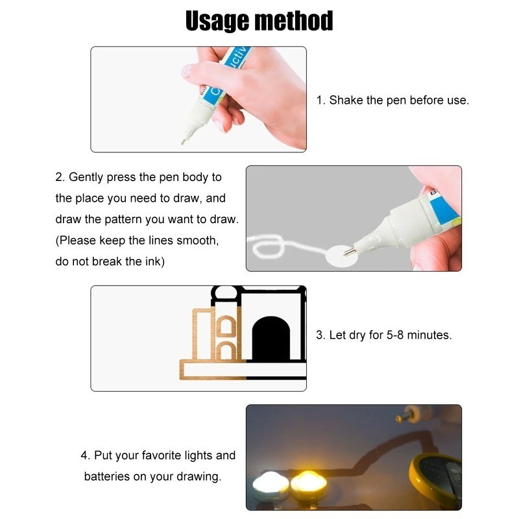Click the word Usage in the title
point(217,21)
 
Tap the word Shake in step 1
point(346,101)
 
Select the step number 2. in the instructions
point(60,177)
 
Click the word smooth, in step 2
point(199,241)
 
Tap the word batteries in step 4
point(107,476)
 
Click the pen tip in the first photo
point(183,141)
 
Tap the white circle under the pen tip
point(341,254)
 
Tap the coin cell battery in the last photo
point(438,480)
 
